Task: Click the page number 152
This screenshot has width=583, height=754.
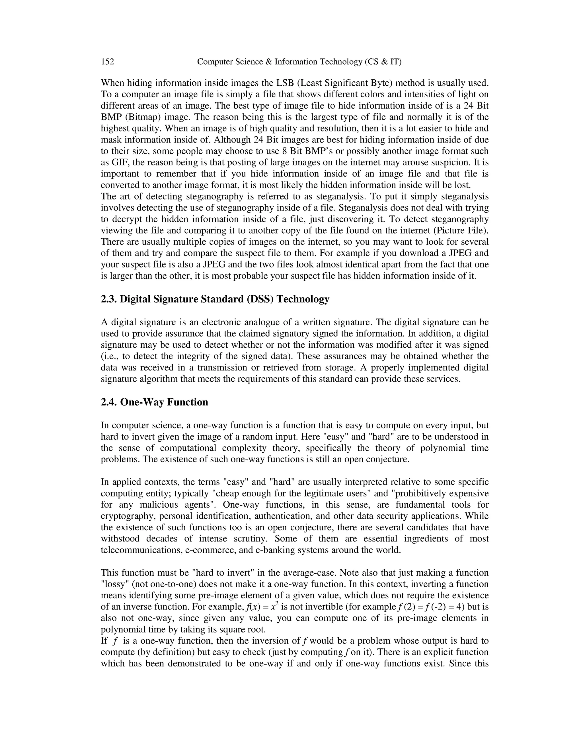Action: (x=107, y=62)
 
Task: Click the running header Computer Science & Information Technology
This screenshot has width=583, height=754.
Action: (x=299, y=62)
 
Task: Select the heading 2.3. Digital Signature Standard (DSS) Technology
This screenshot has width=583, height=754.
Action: (x=215, y=299)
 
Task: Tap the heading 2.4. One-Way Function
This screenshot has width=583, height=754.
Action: (x=154, y=402)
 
